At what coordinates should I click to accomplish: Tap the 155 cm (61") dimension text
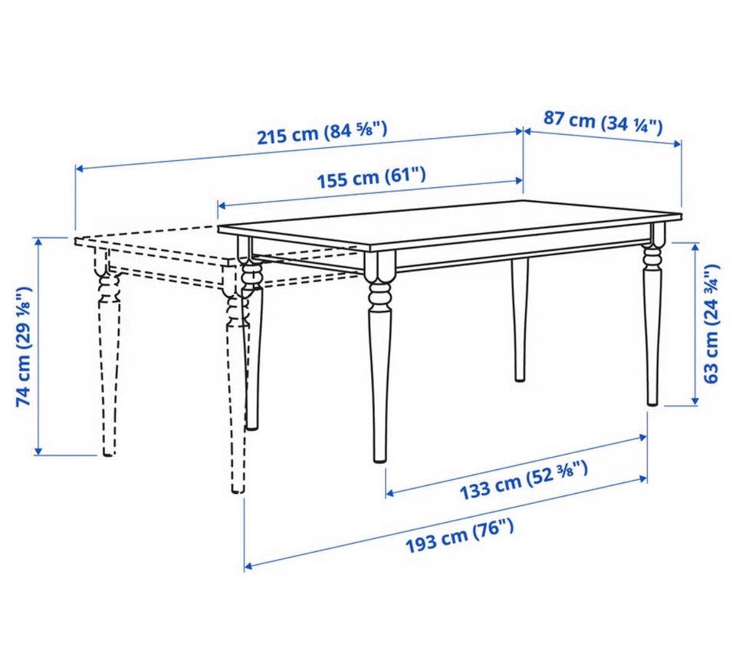tap(372, 177)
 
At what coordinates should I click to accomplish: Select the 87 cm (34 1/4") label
tap(603, 122)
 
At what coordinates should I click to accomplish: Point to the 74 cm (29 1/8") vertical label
tap(24, 346)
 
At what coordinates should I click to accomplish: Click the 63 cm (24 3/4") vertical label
tap(711, 324)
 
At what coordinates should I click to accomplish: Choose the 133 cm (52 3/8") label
tap(524, 481)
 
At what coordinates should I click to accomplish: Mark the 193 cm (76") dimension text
tap(459, 537)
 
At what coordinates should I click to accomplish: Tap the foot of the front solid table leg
tap(379, 458)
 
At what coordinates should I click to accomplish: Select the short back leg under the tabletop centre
tap(519, 319)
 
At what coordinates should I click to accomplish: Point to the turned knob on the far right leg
tap(652, 255)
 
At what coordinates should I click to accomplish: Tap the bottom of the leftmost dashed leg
tap(108, 452)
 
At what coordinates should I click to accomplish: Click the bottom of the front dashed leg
tap(238, 489)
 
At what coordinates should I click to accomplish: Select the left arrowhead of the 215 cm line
tap(80, 168)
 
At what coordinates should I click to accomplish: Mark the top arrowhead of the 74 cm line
tap(38, 242)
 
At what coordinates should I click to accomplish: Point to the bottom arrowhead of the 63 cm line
tap(695, 400)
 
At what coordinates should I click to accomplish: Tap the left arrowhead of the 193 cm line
tap(248, 566)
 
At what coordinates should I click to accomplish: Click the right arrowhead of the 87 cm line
tap(677, 143)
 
